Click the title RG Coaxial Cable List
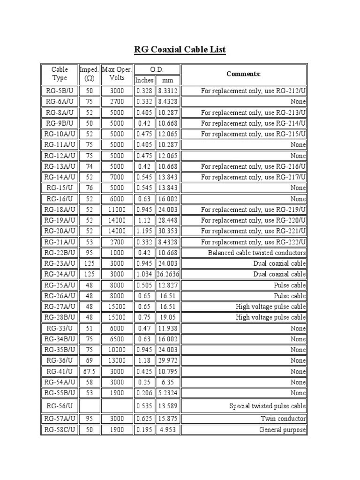point(180,49)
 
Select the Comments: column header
point(244,74)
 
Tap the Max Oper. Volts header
point(117,74)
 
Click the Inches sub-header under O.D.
point(144,80)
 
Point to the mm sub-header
point(167,80)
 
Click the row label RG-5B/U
point(60,91)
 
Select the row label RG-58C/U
point(60,430)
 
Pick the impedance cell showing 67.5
point(89,371)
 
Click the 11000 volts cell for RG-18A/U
point(117,210)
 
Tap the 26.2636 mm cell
point(168,274)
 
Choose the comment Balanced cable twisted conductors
point(257,253)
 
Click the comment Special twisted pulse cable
point(267,406)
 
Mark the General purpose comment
point(282,430)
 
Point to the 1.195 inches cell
point(144,231)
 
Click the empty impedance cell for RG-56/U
point(89,406)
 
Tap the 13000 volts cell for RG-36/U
point(117,360)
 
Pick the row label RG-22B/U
point(60,253)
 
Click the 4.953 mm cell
point(168,430)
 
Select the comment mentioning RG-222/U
point(253,242)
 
